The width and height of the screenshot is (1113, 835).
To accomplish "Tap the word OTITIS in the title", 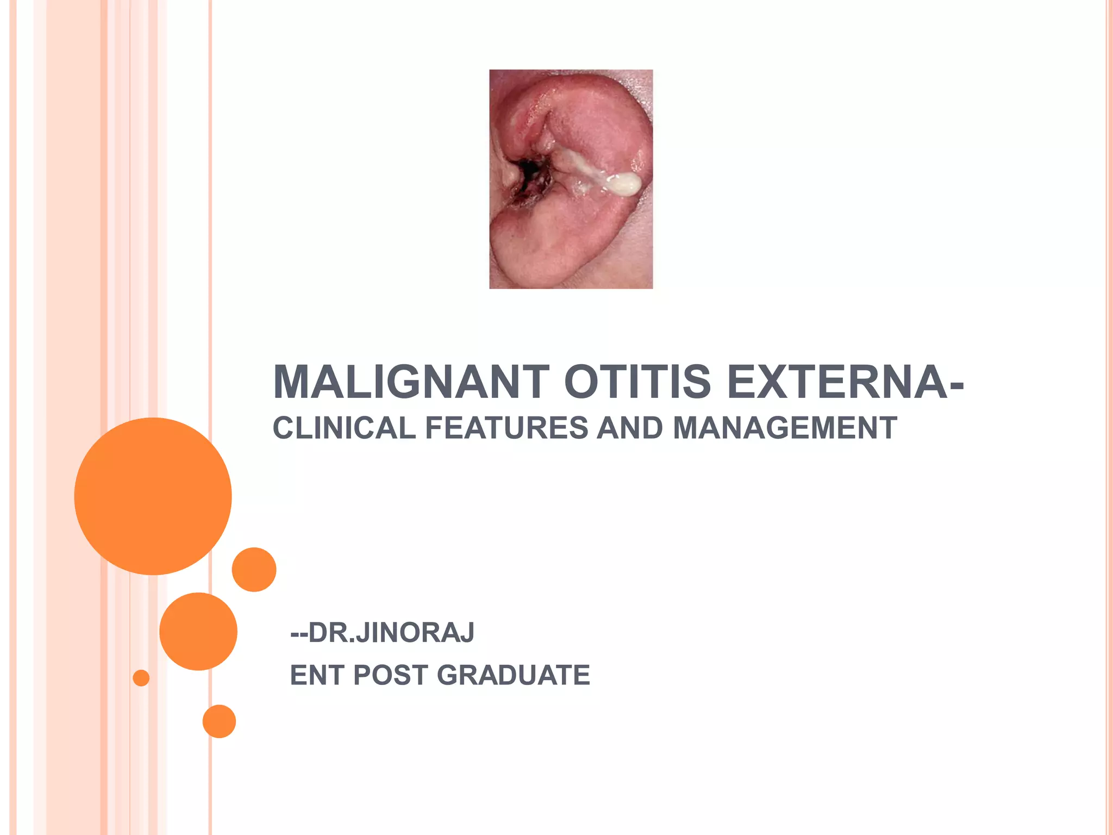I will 637,382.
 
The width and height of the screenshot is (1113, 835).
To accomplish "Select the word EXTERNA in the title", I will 838,382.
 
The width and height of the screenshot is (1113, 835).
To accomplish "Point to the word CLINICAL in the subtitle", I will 344,428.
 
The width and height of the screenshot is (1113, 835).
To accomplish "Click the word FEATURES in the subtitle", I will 507,428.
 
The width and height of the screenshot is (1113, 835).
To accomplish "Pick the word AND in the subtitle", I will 630,428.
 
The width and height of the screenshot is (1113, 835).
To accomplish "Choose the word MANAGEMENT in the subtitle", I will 785,428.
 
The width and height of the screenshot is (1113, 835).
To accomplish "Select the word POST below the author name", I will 390,675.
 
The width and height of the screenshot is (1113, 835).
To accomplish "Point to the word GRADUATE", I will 513,675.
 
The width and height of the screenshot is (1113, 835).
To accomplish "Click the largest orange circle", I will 153,496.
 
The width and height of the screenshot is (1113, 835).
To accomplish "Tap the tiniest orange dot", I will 141,678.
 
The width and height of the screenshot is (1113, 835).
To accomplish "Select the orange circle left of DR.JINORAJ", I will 198,631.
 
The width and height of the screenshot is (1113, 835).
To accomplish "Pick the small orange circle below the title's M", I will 254,569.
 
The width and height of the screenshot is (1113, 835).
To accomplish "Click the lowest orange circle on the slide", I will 219,721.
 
